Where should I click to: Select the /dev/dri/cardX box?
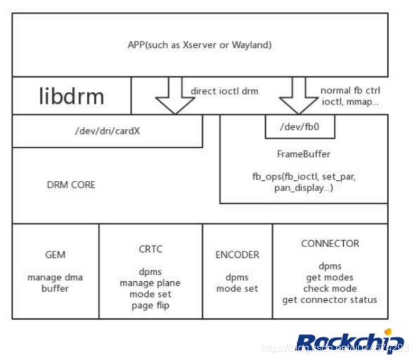click(108, 131)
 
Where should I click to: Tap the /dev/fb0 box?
click(299, 126)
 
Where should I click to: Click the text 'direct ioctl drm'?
click(224, 91)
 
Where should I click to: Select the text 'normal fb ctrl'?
click(350, 90)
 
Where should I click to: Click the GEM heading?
click(55, 255)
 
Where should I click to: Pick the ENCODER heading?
click(237, 255)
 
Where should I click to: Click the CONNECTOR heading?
click(330, 243)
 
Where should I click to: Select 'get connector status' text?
click(330, 299)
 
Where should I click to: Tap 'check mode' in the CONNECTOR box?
click(330, 288)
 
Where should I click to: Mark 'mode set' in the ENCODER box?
click(237, 289)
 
